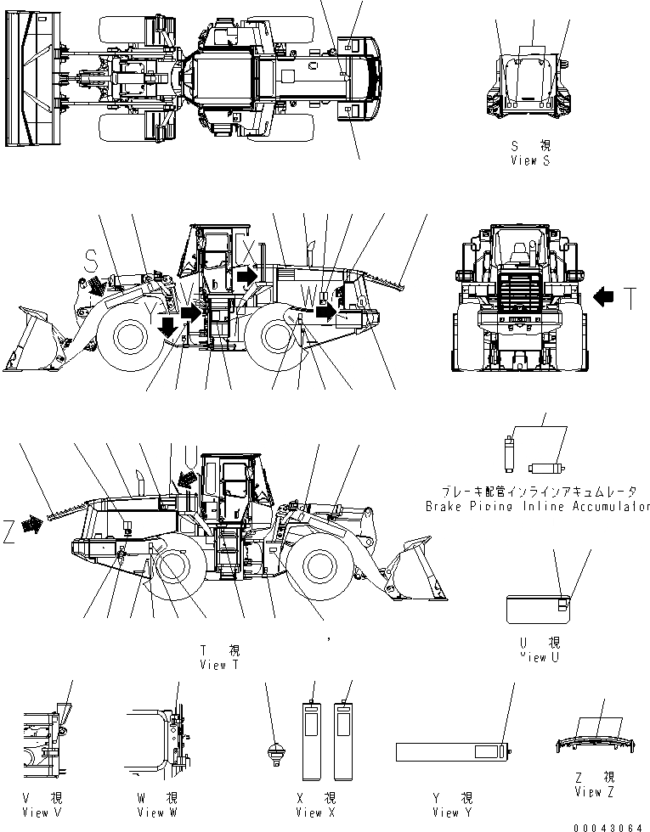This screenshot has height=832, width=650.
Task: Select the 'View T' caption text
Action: pos(219,665)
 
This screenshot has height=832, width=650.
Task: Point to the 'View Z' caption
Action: pos(600,791)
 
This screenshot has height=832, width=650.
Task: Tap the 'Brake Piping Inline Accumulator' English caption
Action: pos(537,506)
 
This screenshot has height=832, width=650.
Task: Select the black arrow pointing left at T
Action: pos(602,297)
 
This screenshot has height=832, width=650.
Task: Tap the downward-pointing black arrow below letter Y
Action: pos(168,326)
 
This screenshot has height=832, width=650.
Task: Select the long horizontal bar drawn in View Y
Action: pos(451,752)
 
